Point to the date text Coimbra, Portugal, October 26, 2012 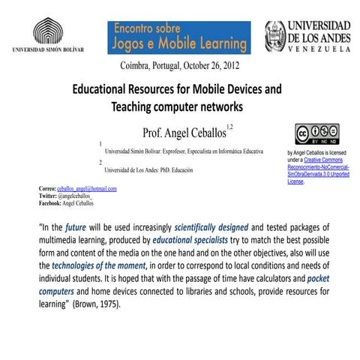[180, 67]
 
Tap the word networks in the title [223, 106]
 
